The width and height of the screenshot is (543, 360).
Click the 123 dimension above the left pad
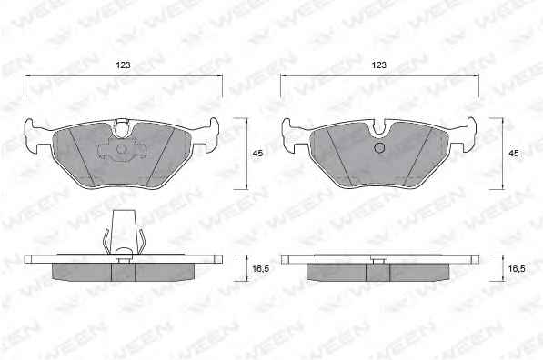coord(124,65)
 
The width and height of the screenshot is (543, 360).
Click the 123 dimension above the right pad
coord(379,65)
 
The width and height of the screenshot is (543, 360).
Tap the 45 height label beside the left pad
coord(257,153)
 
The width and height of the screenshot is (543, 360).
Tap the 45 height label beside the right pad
coord(514,153)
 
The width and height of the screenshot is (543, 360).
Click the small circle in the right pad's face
coord(380,148)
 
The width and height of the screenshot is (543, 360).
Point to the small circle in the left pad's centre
coord(122,149)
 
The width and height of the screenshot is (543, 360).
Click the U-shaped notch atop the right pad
coord(380,128)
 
